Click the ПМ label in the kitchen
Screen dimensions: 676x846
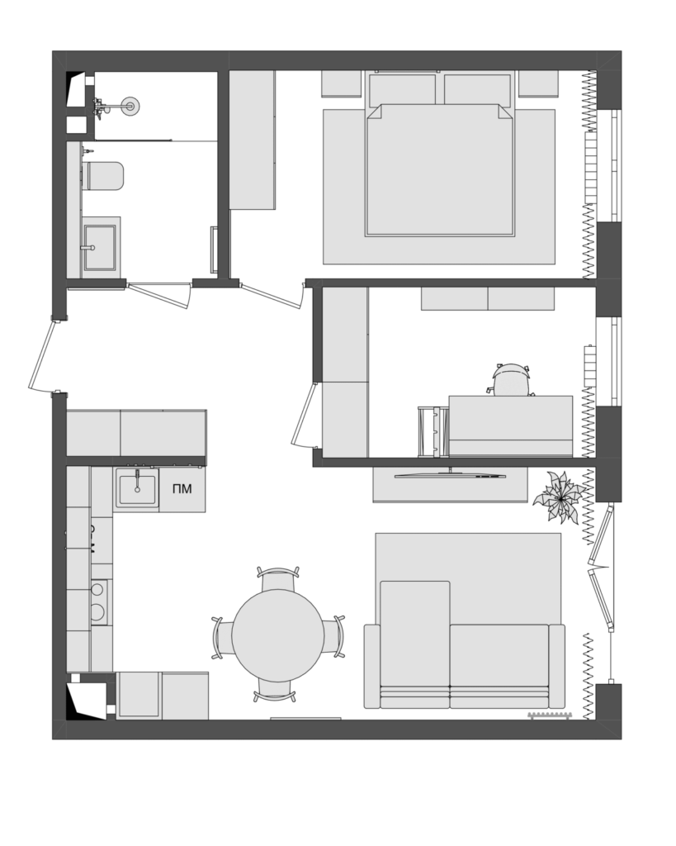[x=182, y=489]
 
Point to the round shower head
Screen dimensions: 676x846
[x=130, y=106]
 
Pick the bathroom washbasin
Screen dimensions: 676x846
[x=99, y=248]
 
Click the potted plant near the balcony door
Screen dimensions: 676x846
[x=560, y=497]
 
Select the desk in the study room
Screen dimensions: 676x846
[x=511, y=425]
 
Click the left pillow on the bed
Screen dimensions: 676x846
[x=402, y=88]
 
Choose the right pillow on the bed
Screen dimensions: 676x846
[x=478, y=88]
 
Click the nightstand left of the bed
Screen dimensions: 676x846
[x=341, y=83]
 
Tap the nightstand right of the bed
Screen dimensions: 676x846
[x=538, y=83]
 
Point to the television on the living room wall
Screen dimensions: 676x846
[x=450, y=475]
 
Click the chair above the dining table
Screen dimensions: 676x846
[x=278, y=579]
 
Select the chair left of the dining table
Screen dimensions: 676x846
[x=223, y=638]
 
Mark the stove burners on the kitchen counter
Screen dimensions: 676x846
[x=99, y=601]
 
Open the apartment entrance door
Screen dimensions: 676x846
[x=43, y=356]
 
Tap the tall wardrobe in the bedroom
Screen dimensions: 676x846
[x=253, y=140]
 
